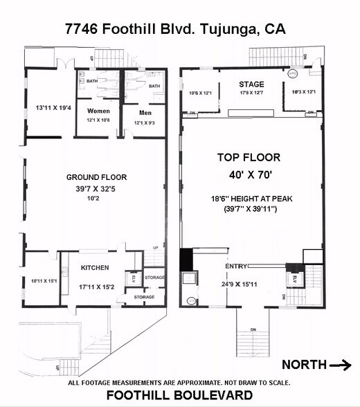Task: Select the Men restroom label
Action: pyautogui.click(x=145, y=113)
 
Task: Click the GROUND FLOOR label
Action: pyautogui.click(x=96, y=177)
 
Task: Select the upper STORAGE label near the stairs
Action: pyautogui.click(x=154, y=278)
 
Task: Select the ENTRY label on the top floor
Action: pyautogui.click(x=235, y=266)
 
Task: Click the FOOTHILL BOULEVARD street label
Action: pyautogui.click(x=179, y=395)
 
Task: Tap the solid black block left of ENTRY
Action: pyautogui.click(x=186, y=260)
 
